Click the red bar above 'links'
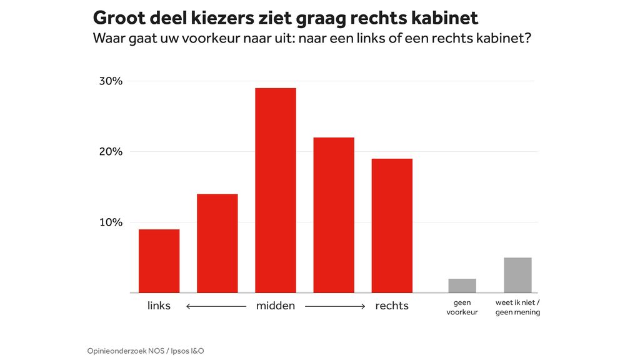pos(159,261)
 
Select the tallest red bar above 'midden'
pos(276,191)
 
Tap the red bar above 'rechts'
pos(392,226)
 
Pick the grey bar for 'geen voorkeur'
pos(462,286)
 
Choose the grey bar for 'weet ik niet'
pos(517,275)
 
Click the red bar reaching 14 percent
pos(217,244)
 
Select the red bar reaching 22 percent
pos(334,215)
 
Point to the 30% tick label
pos(111,81)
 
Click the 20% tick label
pos(111,152)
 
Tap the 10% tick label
pos(111,222)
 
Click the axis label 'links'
pos(159,306)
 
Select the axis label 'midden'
pos(276,306)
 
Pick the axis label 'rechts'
pos(392,306)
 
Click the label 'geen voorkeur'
pos(462,307)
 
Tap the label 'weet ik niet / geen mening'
pos(517,307)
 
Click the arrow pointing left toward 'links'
pos(216,306)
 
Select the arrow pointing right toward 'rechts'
pos(335,306)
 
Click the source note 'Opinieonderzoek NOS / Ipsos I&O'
pos(146,351)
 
